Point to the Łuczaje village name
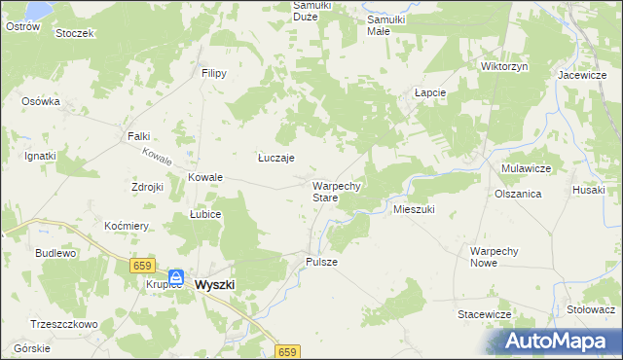point(276,158)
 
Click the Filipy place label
point(214,73)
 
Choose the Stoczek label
point(74,33)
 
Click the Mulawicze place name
point(527,168)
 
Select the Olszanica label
point(518,194)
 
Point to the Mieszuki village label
point(413,209)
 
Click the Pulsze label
point(321,262)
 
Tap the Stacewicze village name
point(485,314)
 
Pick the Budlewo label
point(55,252)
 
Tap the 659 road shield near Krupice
point(143,265)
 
